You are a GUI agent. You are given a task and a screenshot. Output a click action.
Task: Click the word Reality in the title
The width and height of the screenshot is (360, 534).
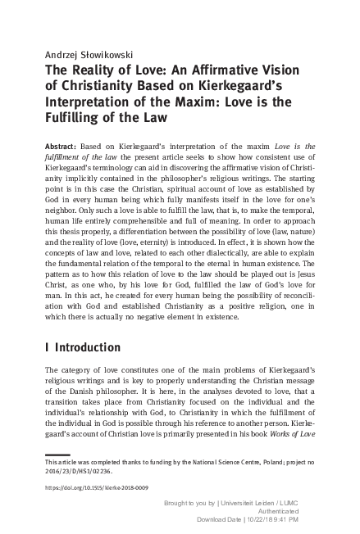pyautogui.click(x=92, y=71)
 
